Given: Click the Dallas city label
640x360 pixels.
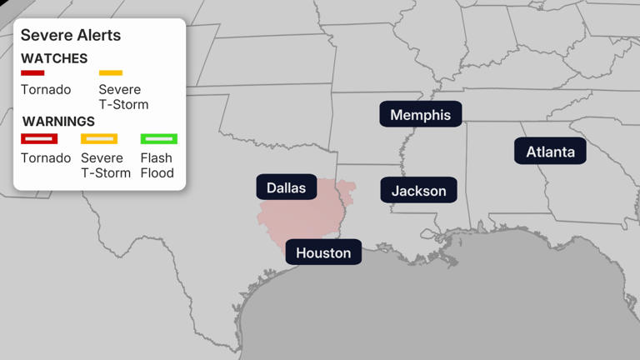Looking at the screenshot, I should point(286,187).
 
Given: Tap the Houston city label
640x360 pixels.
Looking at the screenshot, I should point(323,252).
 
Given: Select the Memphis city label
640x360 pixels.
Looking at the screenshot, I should point(420,115).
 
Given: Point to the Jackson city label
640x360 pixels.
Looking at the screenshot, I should point(418,191).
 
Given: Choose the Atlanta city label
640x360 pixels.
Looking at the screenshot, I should point(550,152).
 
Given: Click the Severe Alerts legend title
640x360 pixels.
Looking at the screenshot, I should point(71,35).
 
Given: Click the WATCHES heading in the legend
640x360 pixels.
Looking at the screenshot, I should point(54,58).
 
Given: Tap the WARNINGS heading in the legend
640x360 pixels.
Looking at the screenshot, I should point(58,122).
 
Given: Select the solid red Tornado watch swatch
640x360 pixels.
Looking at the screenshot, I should point(33,73).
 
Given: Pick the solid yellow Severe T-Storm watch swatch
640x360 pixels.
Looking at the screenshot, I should point(111,73).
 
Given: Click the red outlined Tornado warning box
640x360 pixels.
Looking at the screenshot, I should point(39,138).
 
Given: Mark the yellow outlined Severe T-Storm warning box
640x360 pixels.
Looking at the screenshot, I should point(99,138).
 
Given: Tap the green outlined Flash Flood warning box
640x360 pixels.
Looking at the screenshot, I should point(158,138).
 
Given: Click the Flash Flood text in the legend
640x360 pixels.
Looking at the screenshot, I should point(157,165).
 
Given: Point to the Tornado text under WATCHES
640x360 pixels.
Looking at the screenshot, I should point(46,89).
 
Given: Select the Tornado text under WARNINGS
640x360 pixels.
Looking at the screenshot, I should point(46,157).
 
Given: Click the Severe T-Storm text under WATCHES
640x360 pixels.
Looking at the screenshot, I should point(123,97).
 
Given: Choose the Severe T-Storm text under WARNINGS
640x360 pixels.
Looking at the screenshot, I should point(106,165).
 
